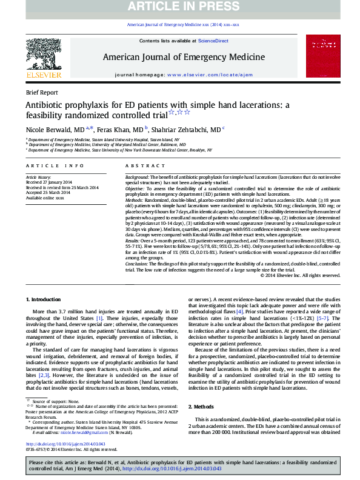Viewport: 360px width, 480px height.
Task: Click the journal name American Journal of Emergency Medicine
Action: coord(184,57)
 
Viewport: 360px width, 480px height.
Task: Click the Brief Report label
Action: coord(42,93)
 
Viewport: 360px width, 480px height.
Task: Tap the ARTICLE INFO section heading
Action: coord(55,165)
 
